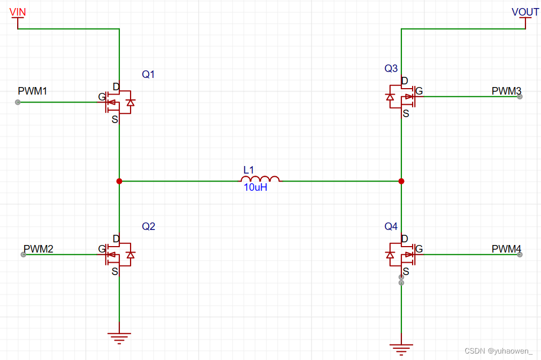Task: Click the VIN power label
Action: (18, 12)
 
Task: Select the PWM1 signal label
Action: (32, 91)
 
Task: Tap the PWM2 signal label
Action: (38, 249)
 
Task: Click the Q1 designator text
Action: (148, 75)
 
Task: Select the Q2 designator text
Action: (148, 227)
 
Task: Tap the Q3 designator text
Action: (391, 68)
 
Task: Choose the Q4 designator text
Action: (391, 227)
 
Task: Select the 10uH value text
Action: (255, 188)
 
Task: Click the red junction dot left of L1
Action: (119, 182)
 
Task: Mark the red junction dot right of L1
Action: (401, 182)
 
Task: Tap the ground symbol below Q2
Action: (119, 337)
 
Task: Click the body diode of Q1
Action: (129, 102)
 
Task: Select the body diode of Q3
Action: (390, 97)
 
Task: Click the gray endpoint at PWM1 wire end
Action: (18, 102)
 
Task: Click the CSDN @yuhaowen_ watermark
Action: (501, 351)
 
